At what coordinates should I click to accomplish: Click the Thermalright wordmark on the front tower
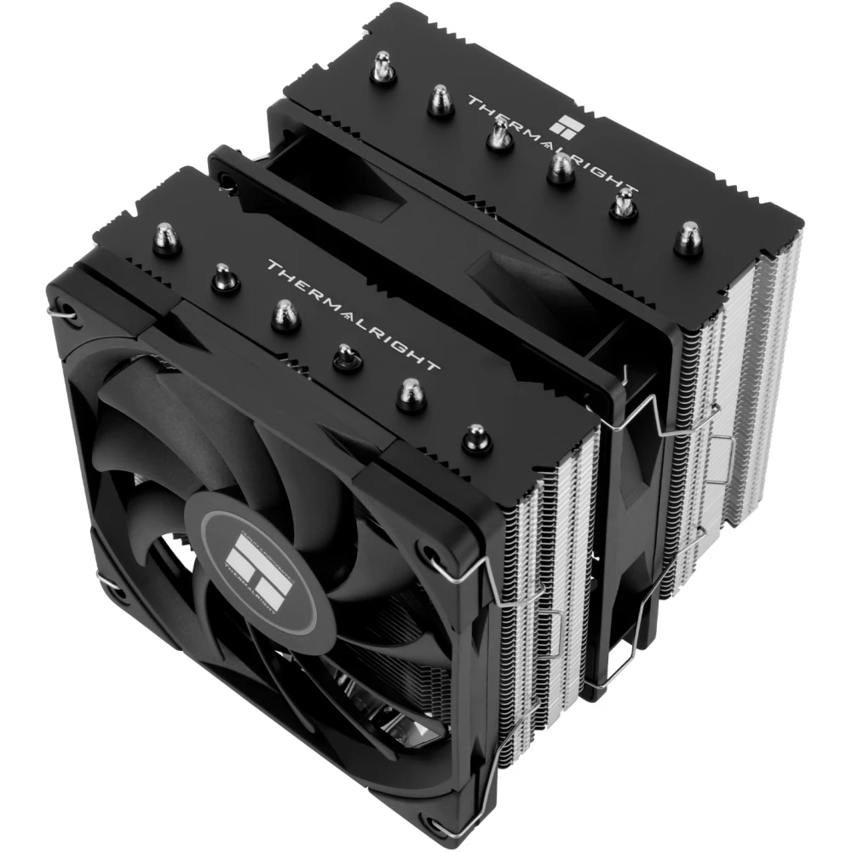pyautogui.click(x=354, y=314)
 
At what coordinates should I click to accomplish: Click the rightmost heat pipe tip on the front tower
pyautogui.click(x=475, y=440)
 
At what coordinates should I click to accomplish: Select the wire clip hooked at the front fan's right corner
pyautogui.click(x=467, y=567)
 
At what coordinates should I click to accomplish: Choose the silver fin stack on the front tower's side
pyautogui.click(x=554, y=545)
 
